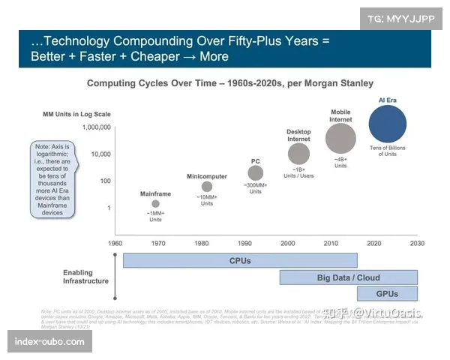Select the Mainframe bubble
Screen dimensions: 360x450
(155, 203)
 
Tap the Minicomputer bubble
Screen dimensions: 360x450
(206, 186)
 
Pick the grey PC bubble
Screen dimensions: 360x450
(256, 173)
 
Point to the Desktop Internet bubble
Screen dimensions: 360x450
(298, 154)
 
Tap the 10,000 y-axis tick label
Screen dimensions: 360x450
(99, 154)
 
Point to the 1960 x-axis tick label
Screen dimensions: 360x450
(115, 244)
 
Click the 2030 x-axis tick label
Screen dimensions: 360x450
(417, 244)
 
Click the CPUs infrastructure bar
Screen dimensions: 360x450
(240, 261)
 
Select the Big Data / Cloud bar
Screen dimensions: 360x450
(348, 277)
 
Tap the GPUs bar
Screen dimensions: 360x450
(387, 294)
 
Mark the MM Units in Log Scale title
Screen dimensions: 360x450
(76, 114)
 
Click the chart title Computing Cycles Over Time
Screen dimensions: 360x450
(229, 82)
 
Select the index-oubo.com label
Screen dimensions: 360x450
(50, 342)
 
